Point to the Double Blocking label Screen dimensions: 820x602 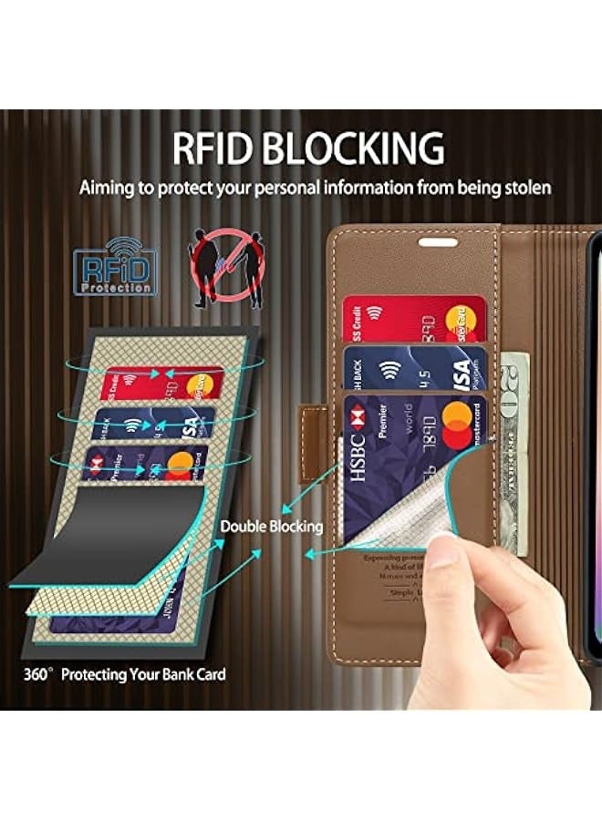point(272,527)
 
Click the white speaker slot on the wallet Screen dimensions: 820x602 point(438,241)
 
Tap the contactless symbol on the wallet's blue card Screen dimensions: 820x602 point(390,369)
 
